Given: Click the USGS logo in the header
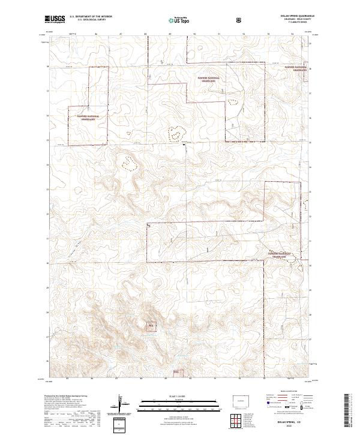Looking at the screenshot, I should point(55,19).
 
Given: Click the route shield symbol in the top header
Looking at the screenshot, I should point(240,20).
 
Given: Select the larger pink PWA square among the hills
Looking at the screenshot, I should point(151,326).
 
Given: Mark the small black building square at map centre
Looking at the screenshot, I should point(184,144).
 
